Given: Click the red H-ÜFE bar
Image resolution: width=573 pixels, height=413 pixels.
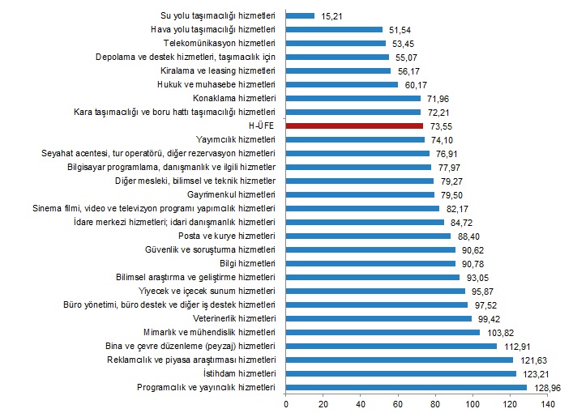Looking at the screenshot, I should [x=355, y=126].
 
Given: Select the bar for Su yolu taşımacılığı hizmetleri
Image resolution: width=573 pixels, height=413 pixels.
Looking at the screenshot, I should [x=300, y=15].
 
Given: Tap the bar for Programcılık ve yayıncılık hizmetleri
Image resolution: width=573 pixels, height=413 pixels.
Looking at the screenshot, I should [x=406, y=387].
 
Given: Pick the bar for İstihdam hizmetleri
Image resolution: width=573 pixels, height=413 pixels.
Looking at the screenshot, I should [x=400, y=373].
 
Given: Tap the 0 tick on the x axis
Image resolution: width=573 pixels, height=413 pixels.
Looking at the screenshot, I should [x=286, y=403].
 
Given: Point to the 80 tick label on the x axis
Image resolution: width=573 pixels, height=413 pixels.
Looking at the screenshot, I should [x=435, y=403].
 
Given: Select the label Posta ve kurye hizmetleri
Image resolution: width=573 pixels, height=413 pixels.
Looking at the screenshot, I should [x=227, y=236].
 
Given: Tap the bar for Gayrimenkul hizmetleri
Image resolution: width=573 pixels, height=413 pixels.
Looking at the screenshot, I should [x=360, y=194].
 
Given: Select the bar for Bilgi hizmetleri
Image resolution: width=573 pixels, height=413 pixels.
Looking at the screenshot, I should [x=370, y=263].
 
